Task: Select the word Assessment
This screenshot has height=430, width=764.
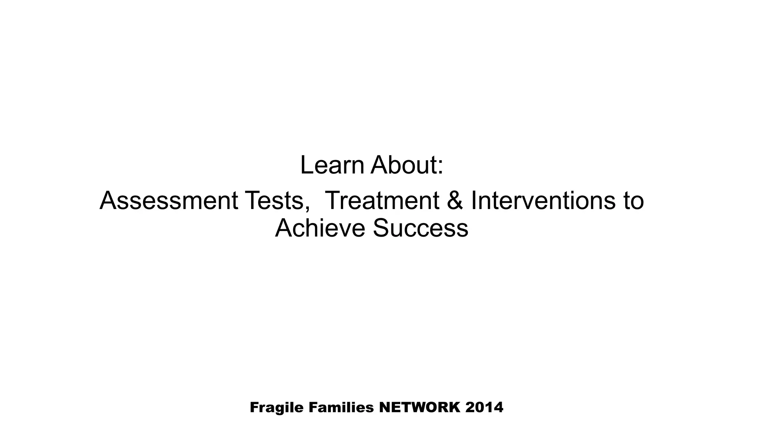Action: [169, 200]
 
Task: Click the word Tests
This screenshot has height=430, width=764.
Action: [275, 200]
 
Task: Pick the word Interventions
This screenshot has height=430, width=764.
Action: [541, 200]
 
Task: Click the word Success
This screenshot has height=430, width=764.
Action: [420, 228]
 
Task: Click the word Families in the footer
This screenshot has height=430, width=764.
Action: [341, 407]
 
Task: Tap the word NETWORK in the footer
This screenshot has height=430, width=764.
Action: [420, 407]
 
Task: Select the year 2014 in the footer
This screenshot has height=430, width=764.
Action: [484, 407]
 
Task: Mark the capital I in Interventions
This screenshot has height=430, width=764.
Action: [474, 200]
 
